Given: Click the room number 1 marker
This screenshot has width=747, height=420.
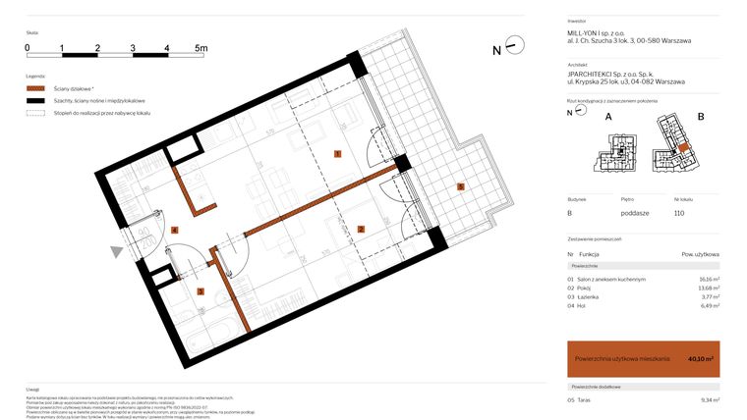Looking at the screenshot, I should [337, 154].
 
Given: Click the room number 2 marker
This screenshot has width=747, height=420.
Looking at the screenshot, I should [361, 230].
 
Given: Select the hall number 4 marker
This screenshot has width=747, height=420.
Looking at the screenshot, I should [174, 230].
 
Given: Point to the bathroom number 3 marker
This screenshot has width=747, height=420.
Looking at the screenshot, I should [200, 290].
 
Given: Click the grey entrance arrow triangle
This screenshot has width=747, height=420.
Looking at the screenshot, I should [117, 252].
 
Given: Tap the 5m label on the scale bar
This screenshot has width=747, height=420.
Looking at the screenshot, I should [201, 47].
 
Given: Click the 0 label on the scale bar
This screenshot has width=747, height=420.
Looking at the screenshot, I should [28, 47].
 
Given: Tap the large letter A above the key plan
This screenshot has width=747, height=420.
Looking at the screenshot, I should [608, 117].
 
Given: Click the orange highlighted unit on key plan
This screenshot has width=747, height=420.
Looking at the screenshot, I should [681, 150].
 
